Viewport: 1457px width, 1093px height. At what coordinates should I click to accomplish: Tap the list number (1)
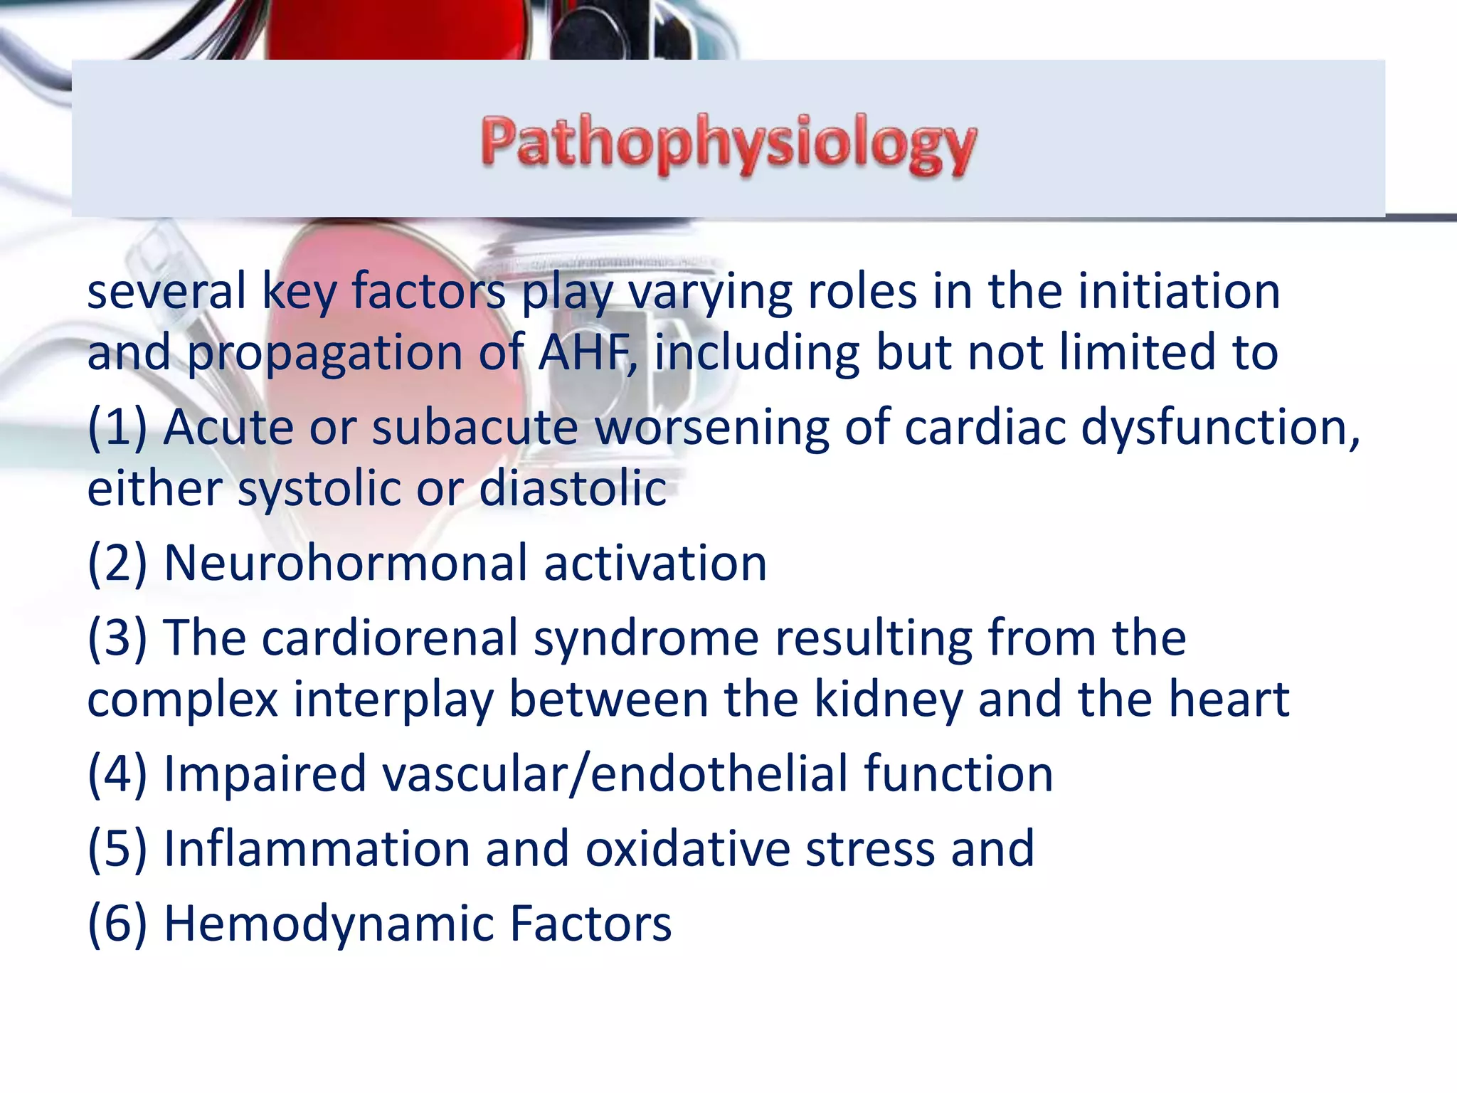pos(117,428)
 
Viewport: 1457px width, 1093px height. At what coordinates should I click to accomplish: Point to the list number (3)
pos(117,638)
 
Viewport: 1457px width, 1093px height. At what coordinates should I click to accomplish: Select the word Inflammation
pos(317,849)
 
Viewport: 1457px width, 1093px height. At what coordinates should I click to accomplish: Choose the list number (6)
pos(117,924)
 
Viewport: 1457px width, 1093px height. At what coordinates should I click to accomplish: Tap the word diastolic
pos(573,489)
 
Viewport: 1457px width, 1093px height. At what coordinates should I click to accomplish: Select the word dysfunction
pos(1220,428)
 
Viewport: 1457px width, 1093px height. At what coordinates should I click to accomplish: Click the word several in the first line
pos(166,292)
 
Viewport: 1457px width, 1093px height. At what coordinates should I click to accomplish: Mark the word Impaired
pos(265,774)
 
